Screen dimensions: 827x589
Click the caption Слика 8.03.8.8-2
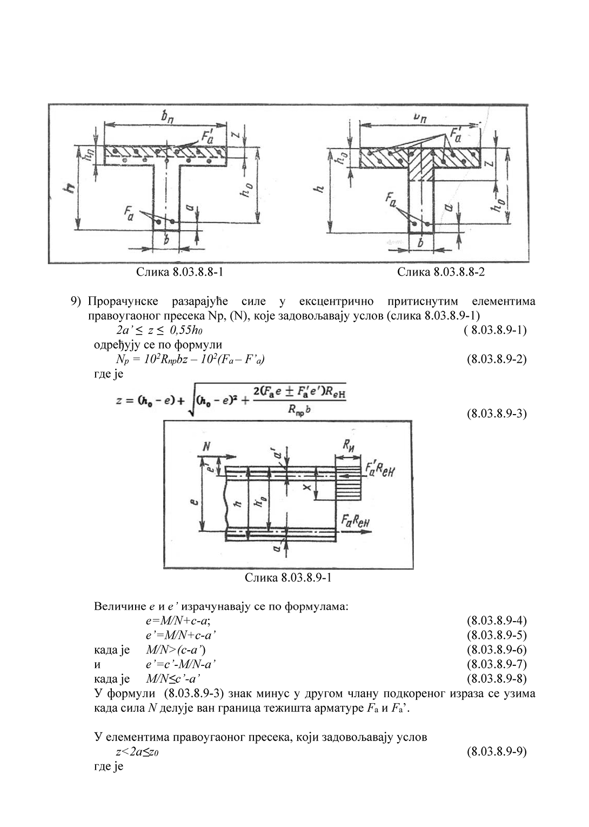(x=441, y=272)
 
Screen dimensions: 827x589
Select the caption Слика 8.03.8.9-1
(x=287, y=578)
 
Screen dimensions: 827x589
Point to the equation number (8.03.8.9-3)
(x=496, y=413)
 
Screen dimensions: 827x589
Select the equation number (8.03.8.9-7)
(x=496, y=664)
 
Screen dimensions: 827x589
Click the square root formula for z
(x=231, y=402)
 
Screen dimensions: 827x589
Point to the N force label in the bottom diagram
(x=205, y=446)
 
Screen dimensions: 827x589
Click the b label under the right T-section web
(x=420, y=243)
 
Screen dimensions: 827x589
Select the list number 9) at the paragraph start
(x=76, y=301)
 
